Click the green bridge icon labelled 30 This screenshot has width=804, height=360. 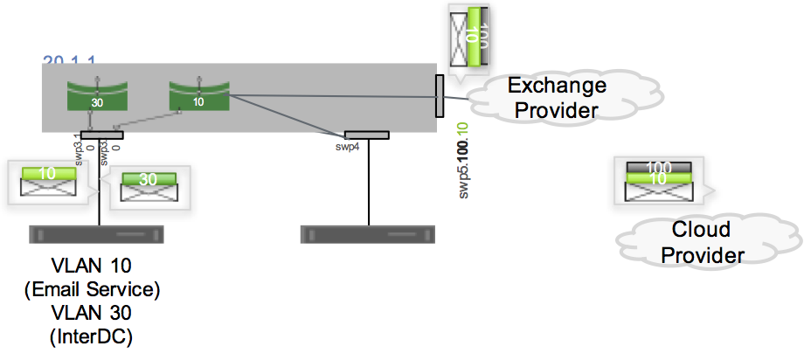point(96,96)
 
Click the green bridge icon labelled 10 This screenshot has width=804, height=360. point(198,95)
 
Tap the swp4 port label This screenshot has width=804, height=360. point(349,147)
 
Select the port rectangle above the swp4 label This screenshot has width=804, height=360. point(366,135)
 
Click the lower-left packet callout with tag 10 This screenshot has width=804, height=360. point(50,182)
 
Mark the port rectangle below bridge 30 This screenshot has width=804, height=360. point(101,135)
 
